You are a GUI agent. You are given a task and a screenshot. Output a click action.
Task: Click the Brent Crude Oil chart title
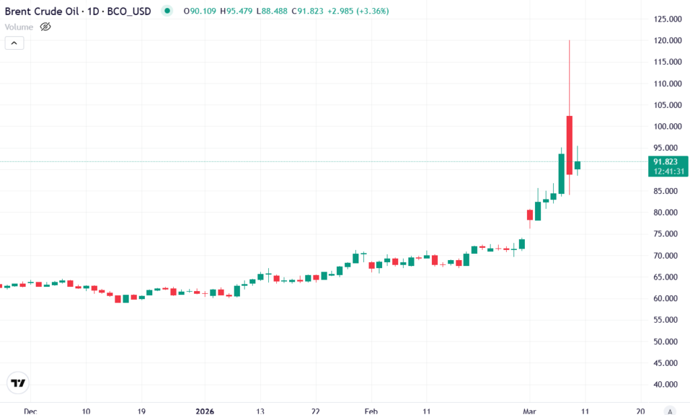pos(78,11)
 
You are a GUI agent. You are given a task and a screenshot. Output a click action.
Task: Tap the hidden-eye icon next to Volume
pos(46,27)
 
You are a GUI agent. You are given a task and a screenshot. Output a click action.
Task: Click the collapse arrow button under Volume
pos(14,43)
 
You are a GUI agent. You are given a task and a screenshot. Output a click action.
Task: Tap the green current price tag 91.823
pos(668,162)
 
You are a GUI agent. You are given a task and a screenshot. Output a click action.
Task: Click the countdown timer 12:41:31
pos(668,171)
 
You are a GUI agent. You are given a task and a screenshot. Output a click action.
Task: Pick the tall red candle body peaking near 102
pos(569,145)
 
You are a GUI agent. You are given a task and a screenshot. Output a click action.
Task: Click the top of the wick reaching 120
pos(569,41)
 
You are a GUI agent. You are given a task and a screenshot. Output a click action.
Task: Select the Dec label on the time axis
pos(29,410)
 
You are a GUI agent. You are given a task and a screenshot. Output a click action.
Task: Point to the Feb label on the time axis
pos(371,410)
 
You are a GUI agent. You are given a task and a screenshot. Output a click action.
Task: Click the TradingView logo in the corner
pos(18,383)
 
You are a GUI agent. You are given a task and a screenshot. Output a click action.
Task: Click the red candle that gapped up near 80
pos(530,215)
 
